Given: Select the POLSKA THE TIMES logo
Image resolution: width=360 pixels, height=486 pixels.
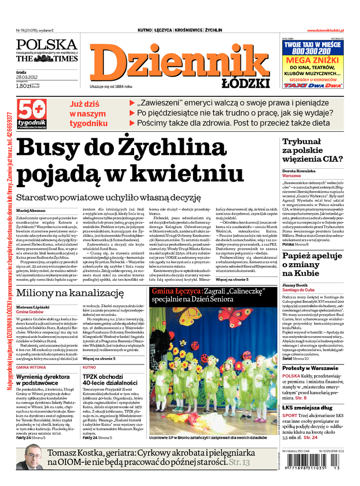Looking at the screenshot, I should point(47,51).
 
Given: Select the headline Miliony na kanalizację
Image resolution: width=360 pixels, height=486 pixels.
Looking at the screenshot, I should point(70,293).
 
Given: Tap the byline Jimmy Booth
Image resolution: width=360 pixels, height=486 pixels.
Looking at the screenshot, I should point(295,285).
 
